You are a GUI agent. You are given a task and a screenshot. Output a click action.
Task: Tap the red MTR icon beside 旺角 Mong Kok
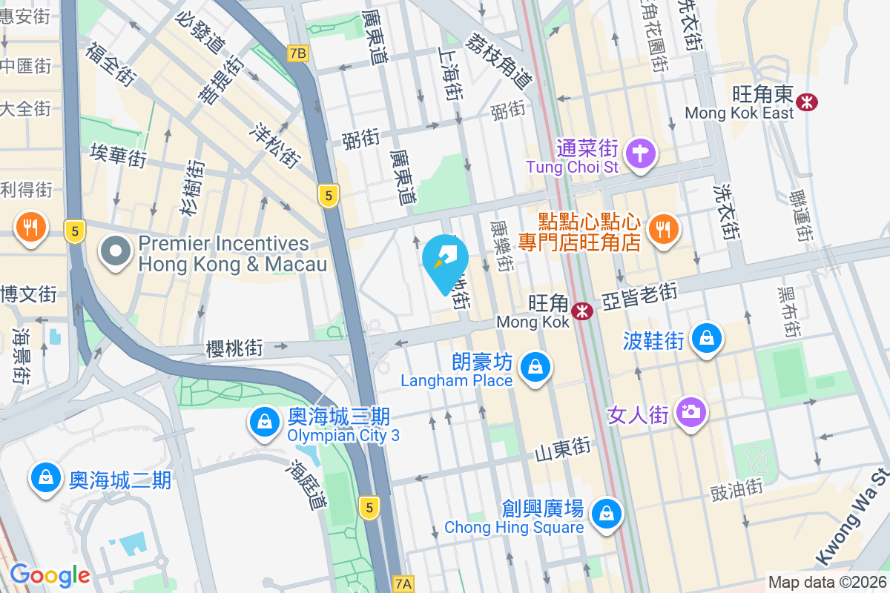pyautogui.click(x=582, y=311)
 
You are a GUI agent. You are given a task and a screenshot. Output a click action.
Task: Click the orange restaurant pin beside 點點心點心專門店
pyautogui.click(x=661, y=229)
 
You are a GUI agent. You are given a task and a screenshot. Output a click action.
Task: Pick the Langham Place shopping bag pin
pyautogui.click(x=533, y=367)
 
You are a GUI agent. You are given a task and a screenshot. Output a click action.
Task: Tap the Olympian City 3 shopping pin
pyautogui.click(x=263, y=423)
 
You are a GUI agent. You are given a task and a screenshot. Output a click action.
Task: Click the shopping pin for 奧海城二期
pyautogui.click(x=46, y=478)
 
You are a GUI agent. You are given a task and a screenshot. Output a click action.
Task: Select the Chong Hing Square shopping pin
pyautogui.click(x=607, y=513)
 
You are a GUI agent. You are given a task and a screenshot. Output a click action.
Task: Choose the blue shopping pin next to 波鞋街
pyautogui.click(x=706, y=339)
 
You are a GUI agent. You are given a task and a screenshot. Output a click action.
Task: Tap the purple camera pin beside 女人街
pyautogui.click(x=691, y=411)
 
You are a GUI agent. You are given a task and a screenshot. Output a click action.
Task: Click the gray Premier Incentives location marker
pyautogui.click(x=116, y=252)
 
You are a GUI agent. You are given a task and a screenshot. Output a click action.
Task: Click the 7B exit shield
pyautogui.click(x=297, y=53)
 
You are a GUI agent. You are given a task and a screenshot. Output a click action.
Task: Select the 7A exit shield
pyautogui.click(x=402, y=583)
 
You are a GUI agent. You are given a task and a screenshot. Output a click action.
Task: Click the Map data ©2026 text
pyautogui.click(x=827, y=583)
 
